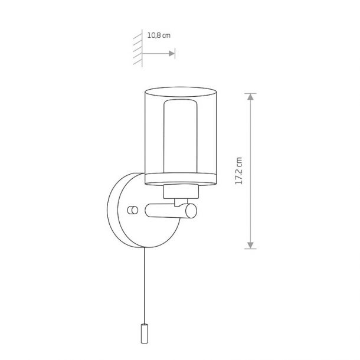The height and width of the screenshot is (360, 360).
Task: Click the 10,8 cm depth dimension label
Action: coord(159,35)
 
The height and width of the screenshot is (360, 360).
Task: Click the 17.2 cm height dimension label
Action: coord(239,171)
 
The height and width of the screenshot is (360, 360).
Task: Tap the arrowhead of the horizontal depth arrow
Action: coord(172,54)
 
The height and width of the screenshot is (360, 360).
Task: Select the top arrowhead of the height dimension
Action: coord(250,97)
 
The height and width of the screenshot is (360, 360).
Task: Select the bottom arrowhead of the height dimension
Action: coord(250,245)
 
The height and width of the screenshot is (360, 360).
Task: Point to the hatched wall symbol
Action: coord(138,48)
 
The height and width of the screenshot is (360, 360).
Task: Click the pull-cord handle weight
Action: coord(144,333)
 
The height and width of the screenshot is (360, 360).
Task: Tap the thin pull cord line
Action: coord(145,286)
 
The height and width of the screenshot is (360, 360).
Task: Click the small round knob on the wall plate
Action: coord(132,210)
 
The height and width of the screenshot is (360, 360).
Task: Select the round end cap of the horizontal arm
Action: coord(191,211)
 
